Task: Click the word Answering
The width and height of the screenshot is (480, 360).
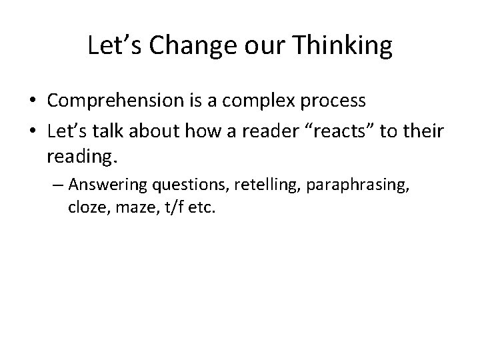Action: (110, 184)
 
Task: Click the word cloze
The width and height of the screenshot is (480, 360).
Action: (85, 207)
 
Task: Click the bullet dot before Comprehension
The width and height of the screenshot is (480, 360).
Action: (32, 101)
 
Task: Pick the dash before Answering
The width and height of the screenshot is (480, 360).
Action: (58, 185)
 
